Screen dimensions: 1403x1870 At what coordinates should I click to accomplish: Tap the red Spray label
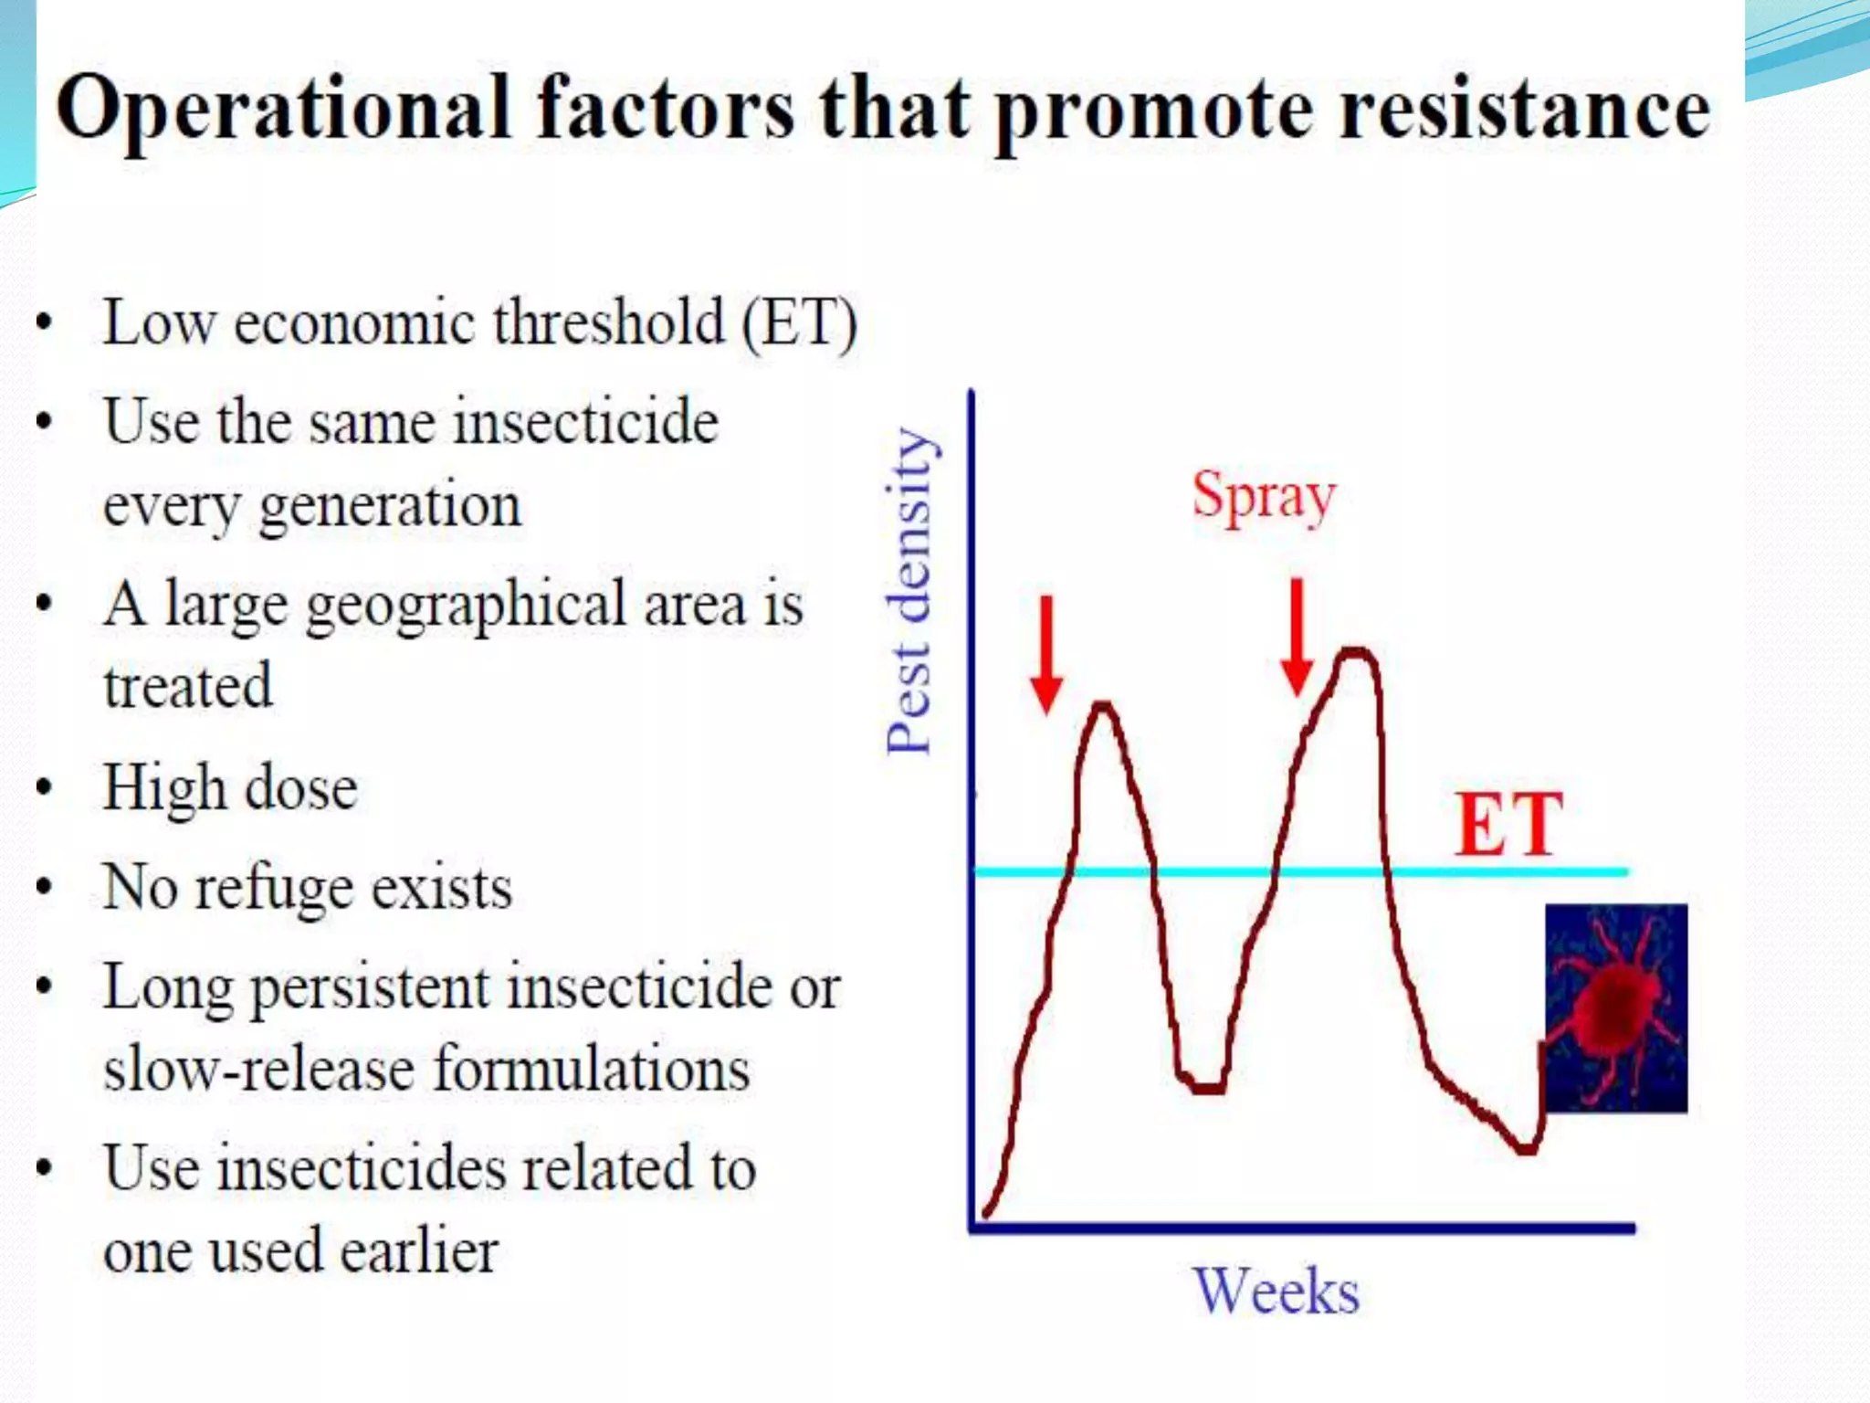[1264, 497]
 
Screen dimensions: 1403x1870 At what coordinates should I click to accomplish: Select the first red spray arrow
[1046, 653]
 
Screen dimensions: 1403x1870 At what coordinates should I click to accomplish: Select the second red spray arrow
[1297, 637]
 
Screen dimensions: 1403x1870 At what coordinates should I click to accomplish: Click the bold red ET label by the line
[1508, 825]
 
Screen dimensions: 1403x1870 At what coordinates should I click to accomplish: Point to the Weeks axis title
[1276, 1292]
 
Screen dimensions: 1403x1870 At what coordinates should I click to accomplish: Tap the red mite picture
[1615, 1007]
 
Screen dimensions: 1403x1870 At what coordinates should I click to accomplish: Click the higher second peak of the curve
[1357, 652]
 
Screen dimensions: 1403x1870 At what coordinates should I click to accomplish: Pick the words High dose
[230, 787]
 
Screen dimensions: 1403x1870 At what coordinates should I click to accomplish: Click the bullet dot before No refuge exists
[44, 888]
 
